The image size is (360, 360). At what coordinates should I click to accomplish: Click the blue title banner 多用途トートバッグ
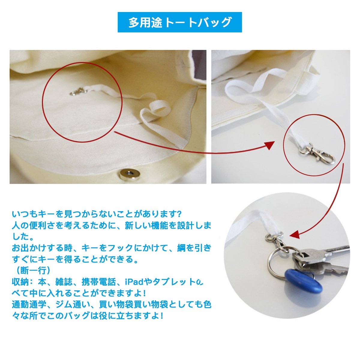pyautogui.click(x=179, y=22)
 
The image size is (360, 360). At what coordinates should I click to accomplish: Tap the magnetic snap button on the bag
pyautogui.click(x=130, y=174)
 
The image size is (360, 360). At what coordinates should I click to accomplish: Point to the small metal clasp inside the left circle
pyautogui.click(x=79, y=92)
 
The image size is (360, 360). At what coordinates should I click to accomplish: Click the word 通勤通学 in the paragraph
pyautogui.click(x=29, y=304)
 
